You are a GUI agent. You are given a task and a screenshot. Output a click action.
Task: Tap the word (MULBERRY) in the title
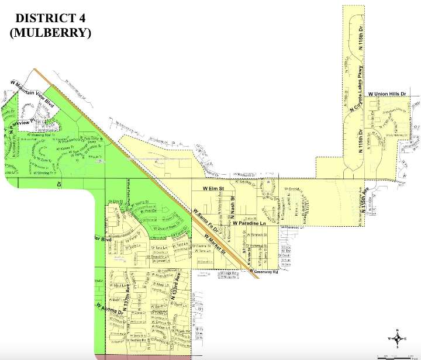pos(50,33)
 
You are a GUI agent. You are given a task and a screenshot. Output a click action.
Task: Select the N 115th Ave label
pos(368,202)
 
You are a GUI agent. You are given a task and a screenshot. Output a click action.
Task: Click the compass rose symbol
pos(398,338)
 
